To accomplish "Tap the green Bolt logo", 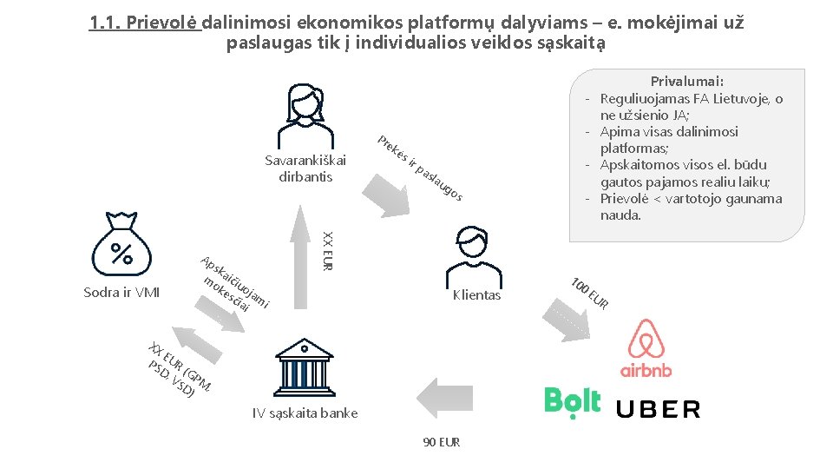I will [573, 400].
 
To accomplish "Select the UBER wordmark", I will [658, 409].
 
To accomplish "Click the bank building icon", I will [303, 366].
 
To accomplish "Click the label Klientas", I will [476, 295].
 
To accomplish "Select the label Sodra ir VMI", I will [121, 292].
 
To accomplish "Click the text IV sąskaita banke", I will [305, 413].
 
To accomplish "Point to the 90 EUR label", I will [442, 442].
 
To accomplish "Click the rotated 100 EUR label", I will [591, 293].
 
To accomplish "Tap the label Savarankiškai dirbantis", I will [305, 168].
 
